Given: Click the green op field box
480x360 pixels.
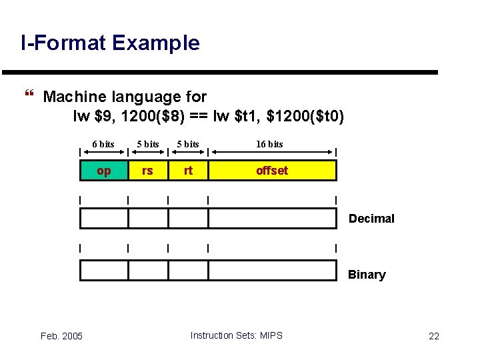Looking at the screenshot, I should [104, 171].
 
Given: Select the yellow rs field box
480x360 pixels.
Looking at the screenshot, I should [147, 171].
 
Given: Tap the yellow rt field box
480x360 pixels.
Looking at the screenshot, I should [188, 171].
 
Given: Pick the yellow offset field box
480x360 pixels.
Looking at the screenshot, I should [272, 171].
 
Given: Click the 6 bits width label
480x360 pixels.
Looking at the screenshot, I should [103, 144].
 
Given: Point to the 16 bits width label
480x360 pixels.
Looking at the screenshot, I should [270, 144].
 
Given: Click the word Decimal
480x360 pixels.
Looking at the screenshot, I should [371, 219].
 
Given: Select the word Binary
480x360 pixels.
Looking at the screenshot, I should [367, 275].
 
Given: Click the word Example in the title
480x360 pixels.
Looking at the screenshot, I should [156, 43].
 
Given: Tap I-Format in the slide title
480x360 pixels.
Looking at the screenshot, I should [63, 43].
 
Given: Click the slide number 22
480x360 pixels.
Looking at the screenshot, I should [434, 336].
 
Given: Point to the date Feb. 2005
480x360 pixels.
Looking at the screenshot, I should [61, 336].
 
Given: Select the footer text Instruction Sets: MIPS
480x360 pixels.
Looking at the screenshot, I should [236, 335].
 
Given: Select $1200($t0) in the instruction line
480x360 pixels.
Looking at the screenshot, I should [305, 117].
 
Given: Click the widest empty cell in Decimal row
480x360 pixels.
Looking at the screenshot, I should [272, 219].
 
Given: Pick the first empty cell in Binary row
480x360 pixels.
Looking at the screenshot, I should [104, 270].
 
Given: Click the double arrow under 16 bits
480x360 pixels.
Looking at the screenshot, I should [272, 153].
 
